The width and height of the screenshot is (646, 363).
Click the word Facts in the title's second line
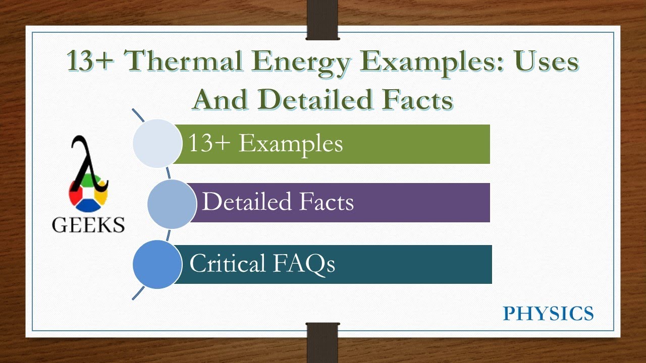point(418,99)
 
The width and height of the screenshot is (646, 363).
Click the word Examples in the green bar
point(291,144)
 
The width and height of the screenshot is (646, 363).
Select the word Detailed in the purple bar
point(247,202)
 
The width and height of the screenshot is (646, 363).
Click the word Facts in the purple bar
point(327,202)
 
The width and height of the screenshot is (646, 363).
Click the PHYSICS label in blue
point(548,314)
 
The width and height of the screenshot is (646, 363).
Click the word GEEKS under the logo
point(88,224)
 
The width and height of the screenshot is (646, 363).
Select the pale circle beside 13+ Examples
point(157,144)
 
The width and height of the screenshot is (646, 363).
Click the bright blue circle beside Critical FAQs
point(157,265)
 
